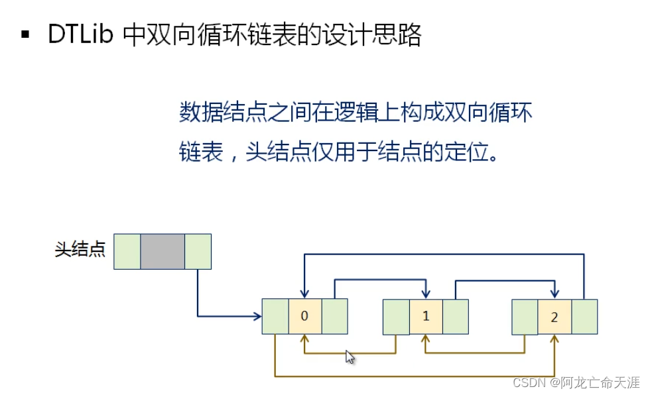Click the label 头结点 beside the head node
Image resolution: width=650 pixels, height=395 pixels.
point(80,251)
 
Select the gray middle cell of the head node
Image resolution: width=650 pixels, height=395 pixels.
point(162,251)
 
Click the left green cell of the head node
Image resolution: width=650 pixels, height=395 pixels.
point(127,251)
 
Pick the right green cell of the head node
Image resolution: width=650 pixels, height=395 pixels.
point(198,251)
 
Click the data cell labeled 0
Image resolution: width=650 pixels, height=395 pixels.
point(304,316)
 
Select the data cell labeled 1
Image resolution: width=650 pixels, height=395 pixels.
point(426,316)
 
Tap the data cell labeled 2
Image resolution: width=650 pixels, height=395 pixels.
point(554,317)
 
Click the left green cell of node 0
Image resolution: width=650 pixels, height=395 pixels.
point(275,316)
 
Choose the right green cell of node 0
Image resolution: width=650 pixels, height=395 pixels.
point(334,316)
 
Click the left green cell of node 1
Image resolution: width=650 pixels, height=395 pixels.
point(396,316)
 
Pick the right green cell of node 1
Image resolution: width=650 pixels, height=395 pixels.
point(456,316)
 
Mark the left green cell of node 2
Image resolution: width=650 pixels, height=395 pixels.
point(525,317)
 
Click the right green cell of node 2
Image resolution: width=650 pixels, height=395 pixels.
point(584,317)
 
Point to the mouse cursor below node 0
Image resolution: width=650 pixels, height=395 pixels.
point(350,357)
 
